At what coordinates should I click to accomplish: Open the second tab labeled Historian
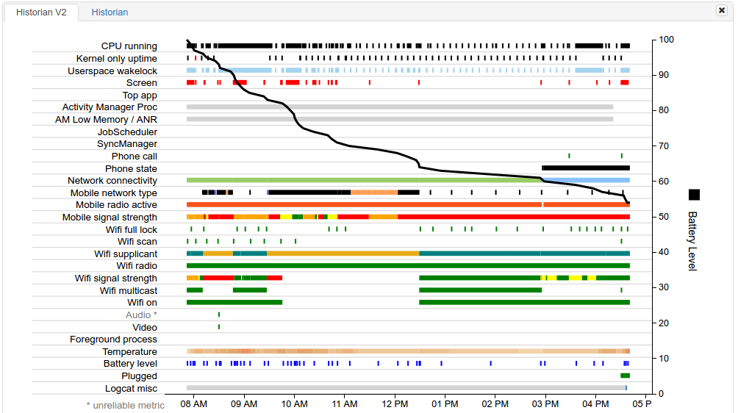110,12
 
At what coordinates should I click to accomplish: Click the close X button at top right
721,10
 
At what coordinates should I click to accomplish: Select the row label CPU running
129,46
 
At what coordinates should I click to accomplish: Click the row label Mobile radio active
116,205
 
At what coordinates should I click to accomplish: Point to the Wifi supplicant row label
125,254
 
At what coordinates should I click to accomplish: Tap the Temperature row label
129,352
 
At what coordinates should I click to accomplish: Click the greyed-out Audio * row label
141,315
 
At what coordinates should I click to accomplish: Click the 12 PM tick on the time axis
395,404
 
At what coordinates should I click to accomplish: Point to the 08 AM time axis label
193,404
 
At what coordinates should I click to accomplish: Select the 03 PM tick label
545,404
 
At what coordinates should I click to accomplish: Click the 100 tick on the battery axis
666,40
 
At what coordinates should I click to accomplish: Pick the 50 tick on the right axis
664,217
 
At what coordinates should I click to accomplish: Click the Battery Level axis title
692,241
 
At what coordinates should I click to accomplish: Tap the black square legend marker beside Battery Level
694,195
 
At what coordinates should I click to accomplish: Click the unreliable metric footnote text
125,405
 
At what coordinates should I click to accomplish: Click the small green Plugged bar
625,376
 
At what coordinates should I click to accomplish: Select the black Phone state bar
585,168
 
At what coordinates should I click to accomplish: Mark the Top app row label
140,96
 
